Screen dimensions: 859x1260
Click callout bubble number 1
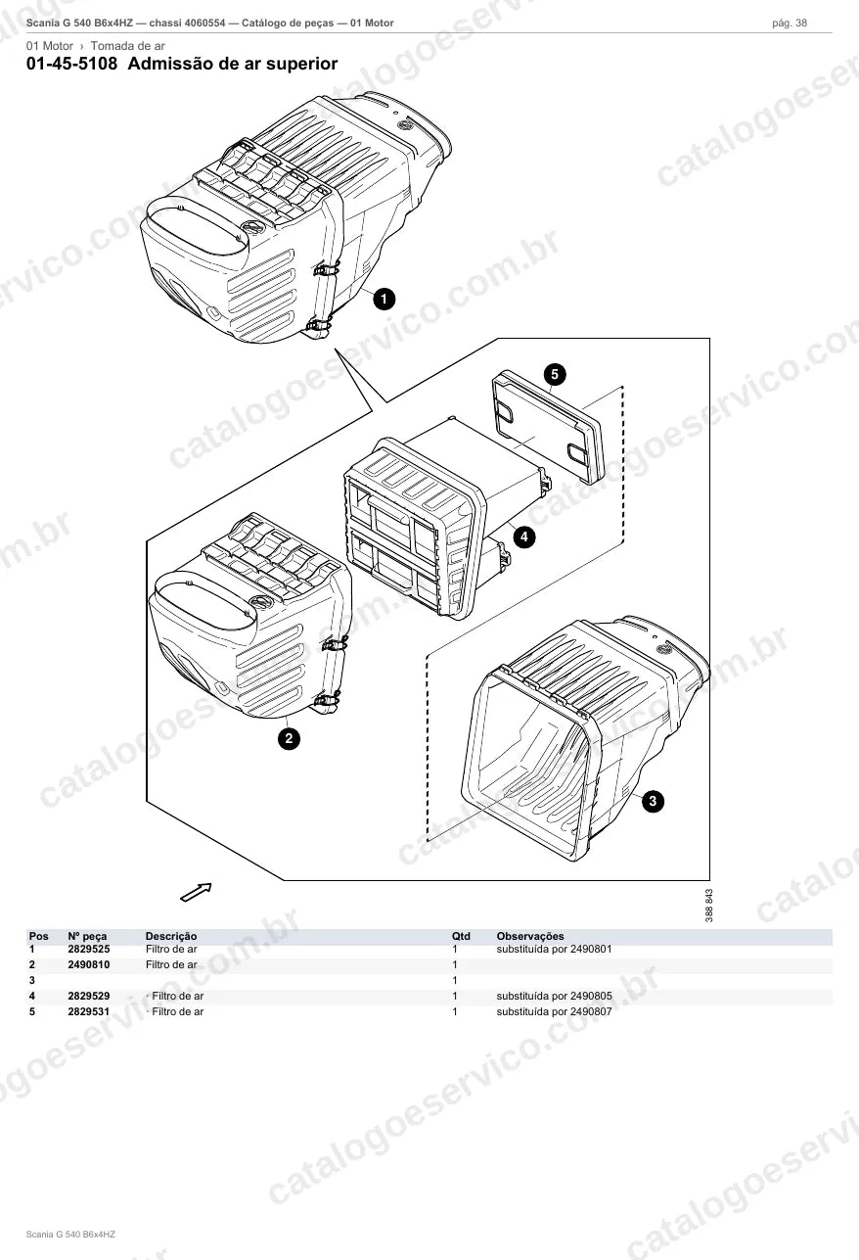[384, 299]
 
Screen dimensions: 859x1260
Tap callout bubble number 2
[289, 738]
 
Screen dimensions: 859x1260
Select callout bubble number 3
[653, 801]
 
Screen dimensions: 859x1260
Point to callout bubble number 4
[524, 537]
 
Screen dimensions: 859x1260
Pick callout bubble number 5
[555, 374]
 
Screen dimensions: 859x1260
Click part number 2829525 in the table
[89, 949]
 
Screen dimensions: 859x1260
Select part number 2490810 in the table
[89, 964]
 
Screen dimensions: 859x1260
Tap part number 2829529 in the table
[89, 996]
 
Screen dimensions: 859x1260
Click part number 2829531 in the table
[89, 1011]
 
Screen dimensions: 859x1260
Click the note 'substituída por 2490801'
[554, 949]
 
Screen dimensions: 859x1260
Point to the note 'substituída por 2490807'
[554, 1011]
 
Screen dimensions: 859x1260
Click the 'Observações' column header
[530, 936]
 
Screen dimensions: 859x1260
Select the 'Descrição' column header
[171, 936]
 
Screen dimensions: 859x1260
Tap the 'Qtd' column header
[461, 936]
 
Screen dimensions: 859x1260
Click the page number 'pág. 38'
[790, 23]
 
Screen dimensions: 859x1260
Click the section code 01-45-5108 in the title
[72, 64]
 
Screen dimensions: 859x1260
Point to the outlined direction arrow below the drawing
[196, 892]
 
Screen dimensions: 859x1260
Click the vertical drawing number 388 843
[709, 905]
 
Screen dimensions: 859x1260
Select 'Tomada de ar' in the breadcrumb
[127, 46]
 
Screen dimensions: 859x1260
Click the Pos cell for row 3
[32, 980]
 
